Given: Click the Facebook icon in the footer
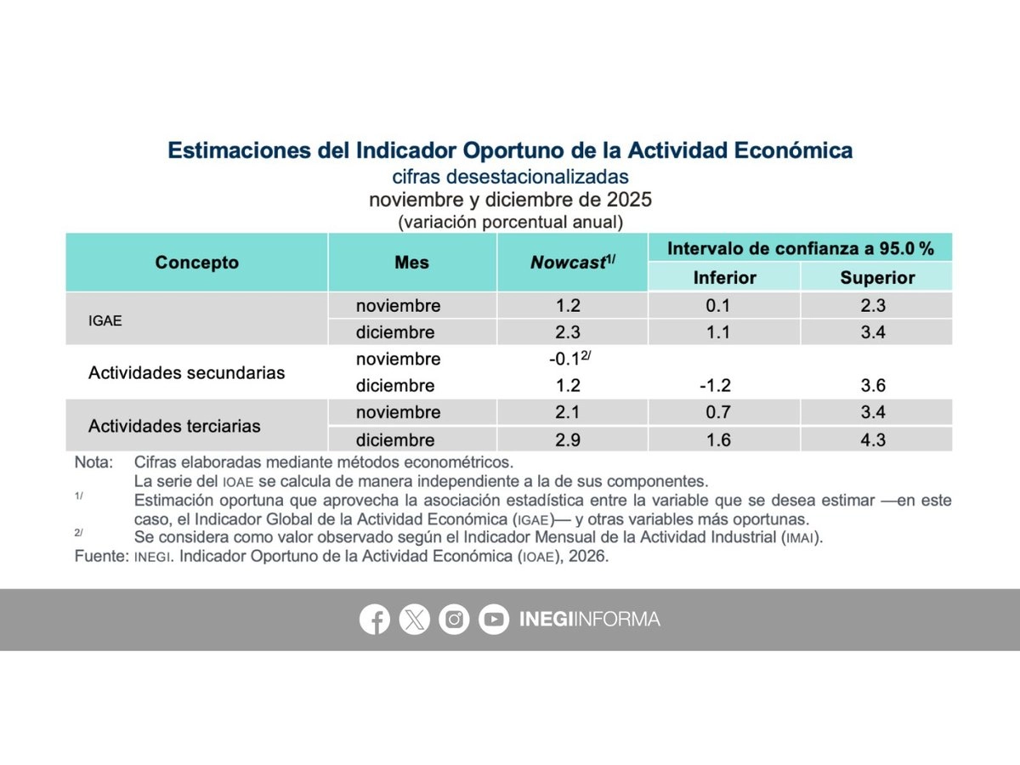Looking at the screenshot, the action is coord(375,619).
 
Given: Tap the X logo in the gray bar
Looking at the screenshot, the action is coord(415,619).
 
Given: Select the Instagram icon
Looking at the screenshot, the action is coord(454,619).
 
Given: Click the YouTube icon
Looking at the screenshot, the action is coord(494,619).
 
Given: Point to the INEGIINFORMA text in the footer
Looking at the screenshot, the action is coord(590,619).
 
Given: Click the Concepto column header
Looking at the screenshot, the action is coord(197,263).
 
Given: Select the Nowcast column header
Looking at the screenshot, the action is coord(573,263).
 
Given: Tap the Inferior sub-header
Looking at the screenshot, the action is coord(725,278).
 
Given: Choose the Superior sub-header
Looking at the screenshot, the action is coord(877,278).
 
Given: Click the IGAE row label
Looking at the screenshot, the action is coord(105,320).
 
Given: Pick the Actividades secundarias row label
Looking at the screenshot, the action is coord(186,372).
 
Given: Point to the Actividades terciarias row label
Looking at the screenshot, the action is coord(174,426).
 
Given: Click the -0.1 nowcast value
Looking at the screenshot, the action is coord(564,359).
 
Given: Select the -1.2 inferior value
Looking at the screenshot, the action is coord(715,386).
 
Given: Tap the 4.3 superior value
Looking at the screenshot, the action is coord(873,439).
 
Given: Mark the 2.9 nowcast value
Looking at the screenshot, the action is coord(568,439).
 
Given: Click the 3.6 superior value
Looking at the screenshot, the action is coord(873,386).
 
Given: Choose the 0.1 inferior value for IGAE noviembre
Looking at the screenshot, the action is coord(718,306).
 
